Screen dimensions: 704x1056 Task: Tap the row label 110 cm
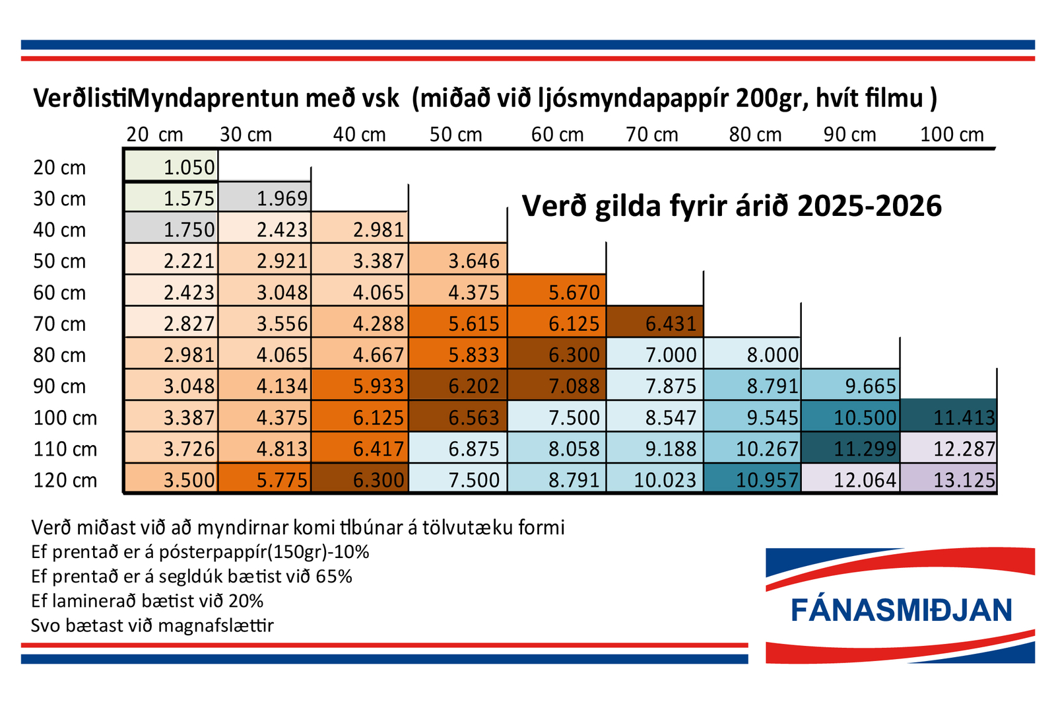[65, 449]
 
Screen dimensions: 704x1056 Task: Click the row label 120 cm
[65, 480]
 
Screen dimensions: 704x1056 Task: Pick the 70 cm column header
[652, 135]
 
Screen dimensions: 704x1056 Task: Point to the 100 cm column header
[952, 135]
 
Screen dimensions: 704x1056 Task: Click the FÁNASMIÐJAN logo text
[901, 610]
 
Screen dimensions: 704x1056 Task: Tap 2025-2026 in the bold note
[869, 206]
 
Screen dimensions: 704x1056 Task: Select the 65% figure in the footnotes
[334, 577]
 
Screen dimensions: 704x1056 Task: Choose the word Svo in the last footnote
[46, 625]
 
